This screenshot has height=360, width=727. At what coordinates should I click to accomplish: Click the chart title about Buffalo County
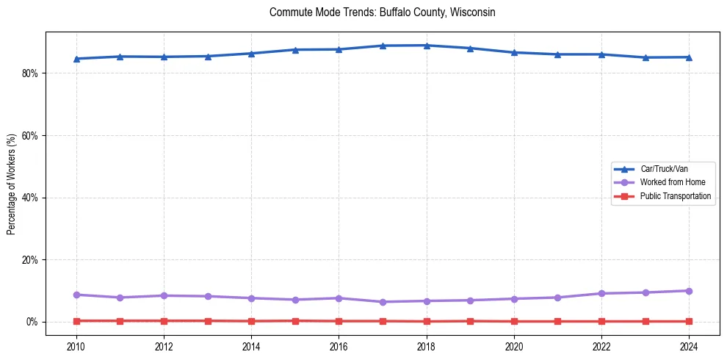coord(382,12)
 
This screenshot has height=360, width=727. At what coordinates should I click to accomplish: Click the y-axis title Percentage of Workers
coord(12,184)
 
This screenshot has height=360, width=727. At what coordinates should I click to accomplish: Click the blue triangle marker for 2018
coord(427,46)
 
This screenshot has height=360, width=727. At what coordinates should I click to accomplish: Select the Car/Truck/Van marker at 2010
coord(76,59)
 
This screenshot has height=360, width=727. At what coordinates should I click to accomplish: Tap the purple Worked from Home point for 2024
coord(689,291)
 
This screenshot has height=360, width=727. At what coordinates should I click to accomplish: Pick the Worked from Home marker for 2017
coord(383,302)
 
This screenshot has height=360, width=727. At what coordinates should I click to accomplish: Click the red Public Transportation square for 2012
coord(164,321)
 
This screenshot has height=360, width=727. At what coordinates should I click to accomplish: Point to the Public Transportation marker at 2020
coord(514,321)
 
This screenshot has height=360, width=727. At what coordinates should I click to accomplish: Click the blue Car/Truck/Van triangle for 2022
coord(601,54)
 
